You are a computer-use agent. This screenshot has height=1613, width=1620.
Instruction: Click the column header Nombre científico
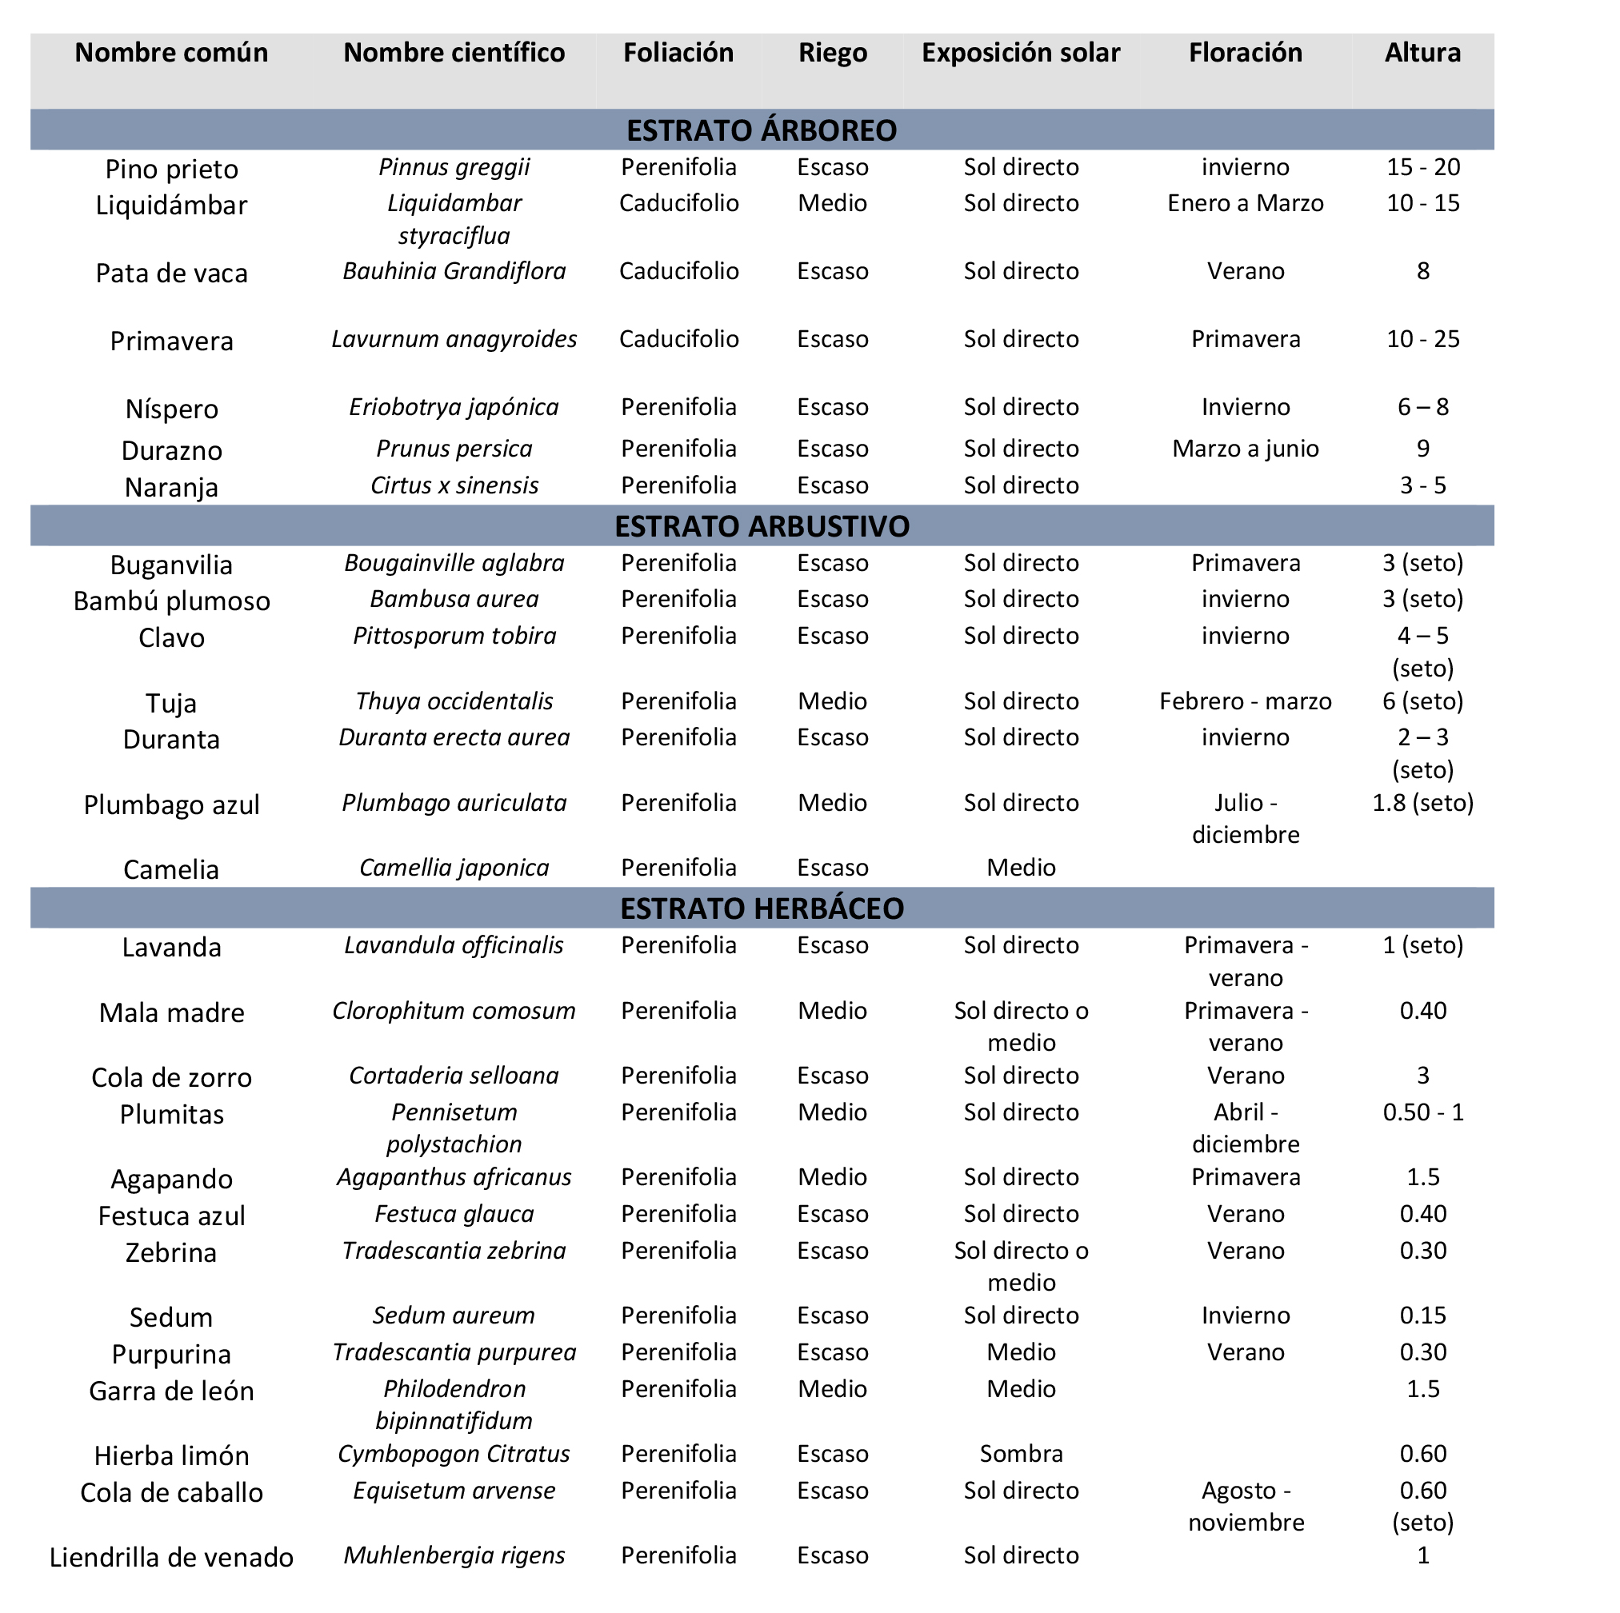tap(454, 53)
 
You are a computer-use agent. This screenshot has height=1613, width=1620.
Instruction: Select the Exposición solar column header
tap(1021, 53)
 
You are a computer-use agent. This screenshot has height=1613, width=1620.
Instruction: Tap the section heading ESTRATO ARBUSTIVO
tap(762, 525)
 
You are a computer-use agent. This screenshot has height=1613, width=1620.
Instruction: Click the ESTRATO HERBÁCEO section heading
tap(762, 908)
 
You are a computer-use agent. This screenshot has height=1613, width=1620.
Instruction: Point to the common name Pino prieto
tap(172, 170)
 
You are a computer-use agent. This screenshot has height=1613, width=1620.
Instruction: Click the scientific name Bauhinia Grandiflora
tap(454, 271)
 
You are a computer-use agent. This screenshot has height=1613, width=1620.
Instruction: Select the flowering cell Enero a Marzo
tap(1245, 203)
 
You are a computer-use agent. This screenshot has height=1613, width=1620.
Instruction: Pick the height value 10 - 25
tap(1422, 339)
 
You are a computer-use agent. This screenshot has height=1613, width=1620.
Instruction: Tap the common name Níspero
tap(172, 409)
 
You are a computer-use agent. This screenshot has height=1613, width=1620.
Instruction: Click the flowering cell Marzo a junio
tap(1245, 449)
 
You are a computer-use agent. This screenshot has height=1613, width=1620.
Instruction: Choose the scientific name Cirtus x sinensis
tap(454, 485)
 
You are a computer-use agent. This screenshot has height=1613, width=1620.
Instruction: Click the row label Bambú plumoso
tap(172, 601)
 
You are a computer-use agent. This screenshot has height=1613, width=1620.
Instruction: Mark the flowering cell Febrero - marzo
tap(1245, 701)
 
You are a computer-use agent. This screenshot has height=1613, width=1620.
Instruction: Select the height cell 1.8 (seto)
tap(1422, 802)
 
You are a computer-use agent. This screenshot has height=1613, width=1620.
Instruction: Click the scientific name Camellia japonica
tap(454, 868)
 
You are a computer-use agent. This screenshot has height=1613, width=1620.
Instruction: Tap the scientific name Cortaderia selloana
tap(454, 1076)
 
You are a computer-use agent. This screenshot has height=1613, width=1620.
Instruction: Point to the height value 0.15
tap(1422, 1316)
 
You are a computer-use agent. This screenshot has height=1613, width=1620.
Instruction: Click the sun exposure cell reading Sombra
tap(1021, 1454)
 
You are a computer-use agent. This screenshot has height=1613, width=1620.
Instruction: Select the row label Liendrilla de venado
tap(172, 1558)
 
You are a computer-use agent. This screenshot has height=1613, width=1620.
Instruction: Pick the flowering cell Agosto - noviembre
tap(1245, 1507)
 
